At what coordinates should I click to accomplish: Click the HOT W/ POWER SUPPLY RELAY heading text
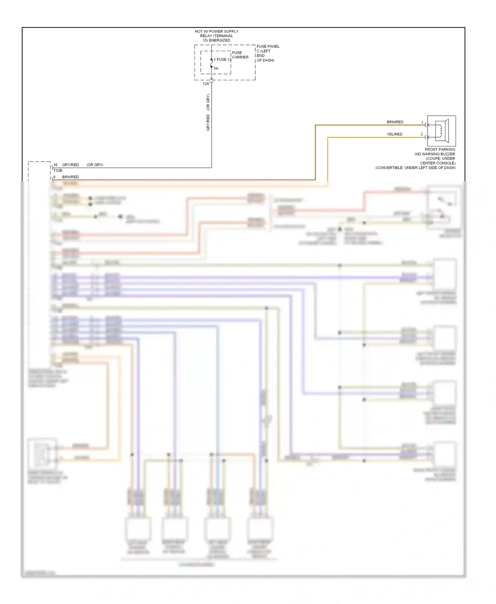[217, 36]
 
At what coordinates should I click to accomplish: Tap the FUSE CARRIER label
[240, 55]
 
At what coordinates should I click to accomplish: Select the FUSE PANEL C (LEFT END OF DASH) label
[268, 53]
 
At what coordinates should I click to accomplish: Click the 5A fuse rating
[216, 68]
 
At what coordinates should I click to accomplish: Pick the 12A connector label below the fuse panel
[206, 84]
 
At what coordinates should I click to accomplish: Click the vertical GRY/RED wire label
[208, 122]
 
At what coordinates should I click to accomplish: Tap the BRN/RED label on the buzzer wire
[395, 122]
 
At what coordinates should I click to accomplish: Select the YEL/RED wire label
[394, 134]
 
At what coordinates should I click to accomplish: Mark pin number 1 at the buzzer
[422, 123]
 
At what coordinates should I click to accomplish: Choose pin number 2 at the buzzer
[422, 134]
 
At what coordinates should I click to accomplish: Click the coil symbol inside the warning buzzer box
[440, 131]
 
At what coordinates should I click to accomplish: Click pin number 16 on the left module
[55, 165]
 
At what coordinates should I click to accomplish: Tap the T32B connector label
[58, 170]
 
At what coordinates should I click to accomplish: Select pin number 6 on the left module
[55, 177]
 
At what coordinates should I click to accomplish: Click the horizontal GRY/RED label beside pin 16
[70, 165]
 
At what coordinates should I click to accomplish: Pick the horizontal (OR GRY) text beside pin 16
[95, 165]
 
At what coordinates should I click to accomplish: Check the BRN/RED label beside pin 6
[70, 177]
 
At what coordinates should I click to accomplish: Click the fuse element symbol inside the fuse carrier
[212, 63]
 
